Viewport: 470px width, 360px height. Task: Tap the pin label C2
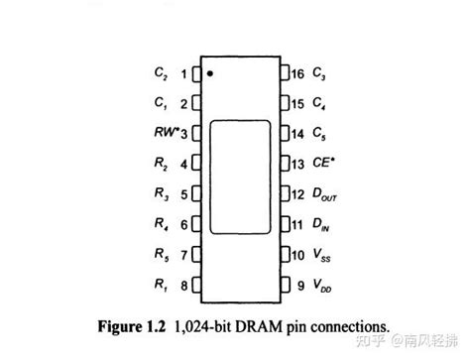(x=162, y=73)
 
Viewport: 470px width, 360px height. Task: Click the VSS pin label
(x=320, y=256)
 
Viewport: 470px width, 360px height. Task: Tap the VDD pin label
(x=320, y=287)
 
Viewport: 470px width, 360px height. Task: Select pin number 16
(x=296, y=73)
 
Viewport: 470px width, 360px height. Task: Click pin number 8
(x=183, y=287)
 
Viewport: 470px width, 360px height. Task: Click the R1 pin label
(x=162, y=287)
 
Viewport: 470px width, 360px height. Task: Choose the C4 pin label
(x=317, y=103)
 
